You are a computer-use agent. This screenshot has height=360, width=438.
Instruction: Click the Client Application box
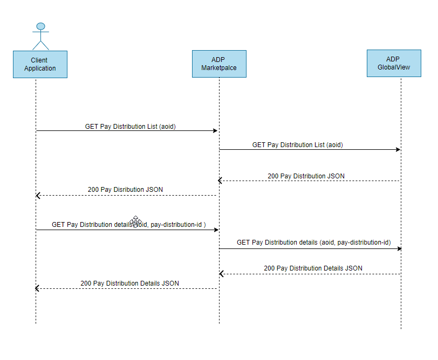[40, 64]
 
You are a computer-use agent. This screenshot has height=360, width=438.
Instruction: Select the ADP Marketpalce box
[219, 64]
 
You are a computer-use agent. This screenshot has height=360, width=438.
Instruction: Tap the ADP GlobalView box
[394, 63]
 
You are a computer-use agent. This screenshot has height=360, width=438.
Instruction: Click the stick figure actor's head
[40, 26]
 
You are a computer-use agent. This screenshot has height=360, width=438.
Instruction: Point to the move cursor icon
[135, 221]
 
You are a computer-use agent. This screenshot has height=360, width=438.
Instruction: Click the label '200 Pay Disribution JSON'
[125, 190]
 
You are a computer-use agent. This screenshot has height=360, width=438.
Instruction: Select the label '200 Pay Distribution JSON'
[306, 176]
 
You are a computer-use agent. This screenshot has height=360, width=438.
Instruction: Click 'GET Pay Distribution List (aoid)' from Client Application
[130, 127]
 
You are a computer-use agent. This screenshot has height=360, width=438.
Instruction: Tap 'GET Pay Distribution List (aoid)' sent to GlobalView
[297, 145]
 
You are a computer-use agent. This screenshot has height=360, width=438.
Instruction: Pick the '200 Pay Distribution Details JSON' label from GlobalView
[313, 268]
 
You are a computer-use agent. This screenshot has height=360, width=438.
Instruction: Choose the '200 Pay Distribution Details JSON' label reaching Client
[129, 283]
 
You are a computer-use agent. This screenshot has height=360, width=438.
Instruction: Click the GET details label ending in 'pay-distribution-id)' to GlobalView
[313, 243]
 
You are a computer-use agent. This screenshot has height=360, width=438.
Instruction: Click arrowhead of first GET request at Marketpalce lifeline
[215, 131]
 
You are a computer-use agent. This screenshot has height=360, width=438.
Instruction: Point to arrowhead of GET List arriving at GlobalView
[398, 149]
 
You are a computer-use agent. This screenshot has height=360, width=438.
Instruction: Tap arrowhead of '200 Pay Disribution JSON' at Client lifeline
[38, 195]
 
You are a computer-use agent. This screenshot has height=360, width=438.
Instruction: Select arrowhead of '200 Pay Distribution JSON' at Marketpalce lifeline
[221, 181]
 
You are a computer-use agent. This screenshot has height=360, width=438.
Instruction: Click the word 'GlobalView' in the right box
[394, 67]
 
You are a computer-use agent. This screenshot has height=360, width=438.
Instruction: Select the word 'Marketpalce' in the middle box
[219, 68]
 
